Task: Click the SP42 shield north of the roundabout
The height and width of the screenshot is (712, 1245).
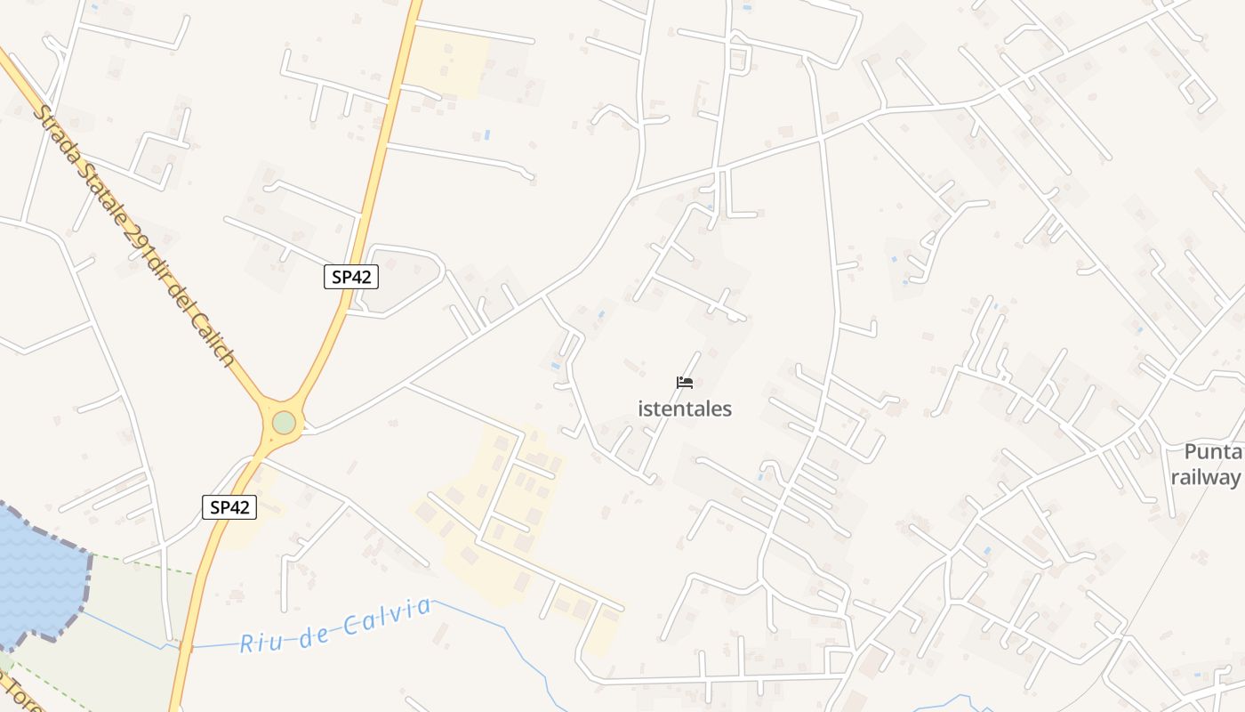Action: click(350, 277)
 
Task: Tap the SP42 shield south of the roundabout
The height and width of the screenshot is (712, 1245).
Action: click(229, 507)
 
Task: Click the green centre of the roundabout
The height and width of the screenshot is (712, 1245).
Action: click(284, 422)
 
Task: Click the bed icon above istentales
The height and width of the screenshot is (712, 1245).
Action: click(684, 383)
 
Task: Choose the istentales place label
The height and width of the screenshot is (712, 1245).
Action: click(685, 409)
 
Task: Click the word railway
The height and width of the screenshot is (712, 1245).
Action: click(1206, 477)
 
